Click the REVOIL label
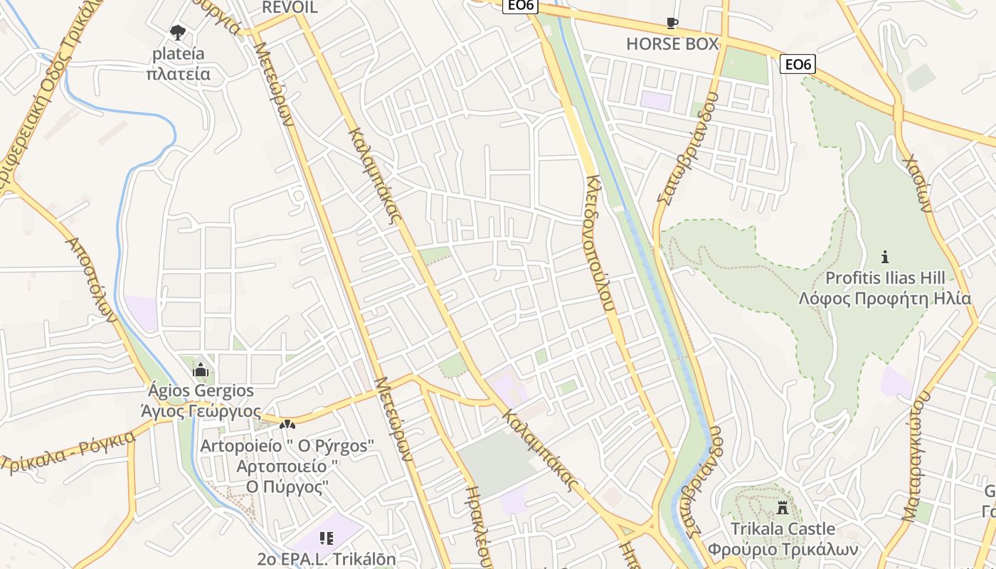(x=290, y=8)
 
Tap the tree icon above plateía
(x=177, y=32)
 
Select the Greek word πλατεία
(x=178, y=74)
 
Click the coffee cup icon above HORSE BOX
(x=672, y=23)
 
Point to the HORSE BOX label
(x=672, y=44)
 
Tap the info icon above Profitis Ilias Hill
(x=885, y=257)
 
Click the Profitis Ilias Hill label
(x=885, y=277)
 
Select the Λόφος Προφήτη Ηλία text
(x=884, y=298)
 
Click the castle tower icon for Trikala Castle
(x=783, y=509)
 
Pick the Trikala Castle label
(x=783, y=529)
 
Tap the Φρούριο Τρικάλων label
(x=783, y=550)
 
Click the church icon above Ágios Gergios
(x=201, y=371)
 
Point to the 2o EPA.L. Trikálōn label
(x=327, y=559)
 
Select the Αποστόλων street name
(x=90, y=279)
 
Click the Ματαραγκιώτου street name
(x=916, y=455)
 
